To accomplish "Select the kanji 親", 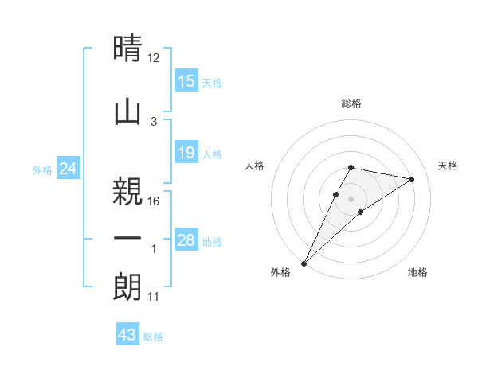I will (x=127, y=189).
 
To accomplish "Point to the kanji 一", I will (x=127, y=238).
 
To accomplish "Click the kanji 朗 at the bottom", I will (x=127, y=286).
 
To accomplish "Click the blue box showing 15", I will (x=186, y=81).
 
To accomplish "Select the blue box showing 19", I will (x=186, y=153).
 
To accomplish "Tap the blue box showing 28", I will (x=186, y=240).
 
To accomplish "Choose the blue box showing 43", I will (x=127, y=335).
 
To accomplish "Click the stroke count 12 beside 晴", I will (x=154, y=57).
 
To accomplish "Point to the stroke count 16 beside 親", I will (x=154, y=201).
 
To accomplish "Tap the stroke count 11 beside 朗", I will (x=154, y=297).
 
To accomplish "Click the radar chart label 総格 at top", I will (x=351, y=103).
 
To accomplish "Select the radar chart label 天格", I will (x=448, y=166).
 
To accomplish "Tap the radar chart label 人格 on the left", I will (x=254, y=166).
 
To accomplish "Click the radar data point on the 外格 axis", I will (x=304, y=263).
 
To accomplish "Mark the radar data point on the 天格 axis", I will (x=411, y=179).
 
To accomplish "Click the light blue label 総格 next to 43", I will (x=153, y=337).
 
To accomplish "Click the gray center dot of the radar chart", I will (x=351, y=198).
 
